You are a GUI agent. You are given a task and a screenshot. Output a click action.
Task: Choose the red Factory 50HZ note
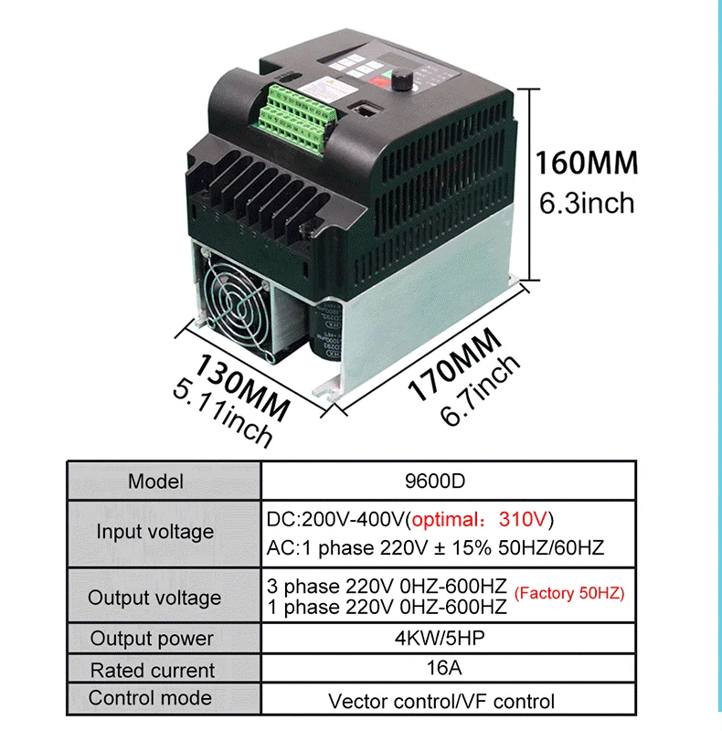click(x=569, y=593)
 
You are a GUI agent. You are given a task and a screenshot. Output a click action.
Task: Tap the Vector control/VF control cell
click(x=441, y=701)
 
